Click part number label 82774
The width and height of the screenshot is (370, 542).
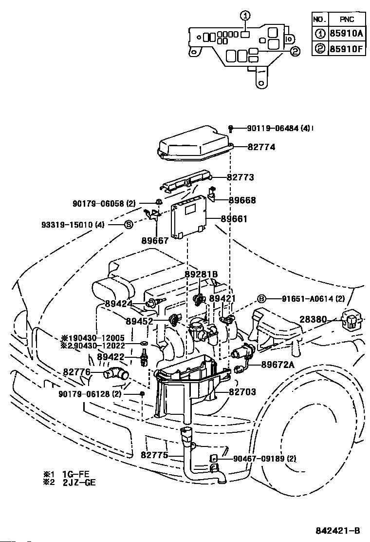pos(261,147)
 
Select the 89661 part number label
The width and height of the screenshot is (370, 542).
pos(234,219)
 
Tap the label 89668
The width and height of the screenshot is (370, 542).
pos(242,200)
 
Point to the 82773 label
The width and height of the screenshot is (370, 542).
pos(240,177)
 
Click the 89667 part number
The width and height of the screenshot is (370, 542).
pos(155,241)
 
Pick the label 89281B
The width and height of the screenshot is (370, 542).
pos(201,274)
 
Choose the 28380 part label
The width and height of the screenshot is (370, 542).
pos(313,319)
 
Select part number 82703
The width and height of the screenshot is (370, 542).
pos(242,392)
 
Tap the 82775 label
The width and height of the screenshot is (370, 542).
pos(155,455)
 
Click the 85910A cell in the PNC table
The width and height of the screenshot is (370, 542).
pos(347,34)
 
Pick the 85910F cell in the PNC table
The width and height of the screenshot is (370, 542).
pos(347,48)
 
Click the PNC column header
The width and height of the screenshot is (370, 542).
pos(347,19)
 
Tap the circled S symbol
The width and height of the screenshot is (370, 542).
pos(129,224)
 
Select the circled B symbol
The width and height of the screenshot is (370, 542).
pos(262,299)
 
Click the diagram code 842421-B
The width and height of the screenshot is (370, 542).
pos(338,531)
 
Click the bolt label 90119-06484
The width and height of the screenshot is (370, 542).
pos(273,128)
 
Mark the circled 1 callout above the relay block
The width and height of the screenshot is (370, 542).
pos(245,15)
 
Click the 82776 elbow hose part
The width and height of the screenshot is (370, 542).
pos(116,374)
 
